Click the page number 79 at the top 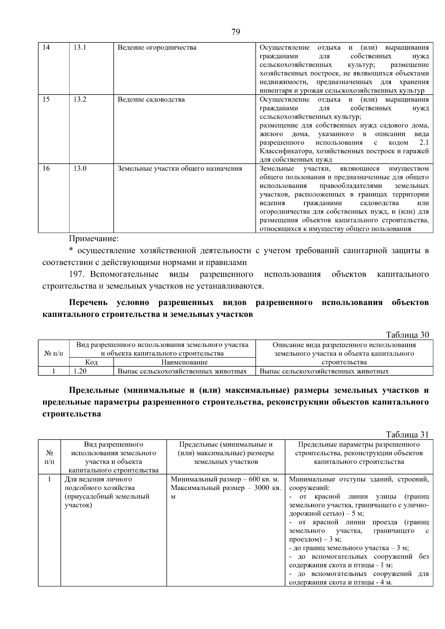pos(235,32)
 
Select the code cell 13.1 pos(80,47)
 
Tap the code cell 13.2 pos(80,99)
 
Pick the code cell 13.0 pos(80,169)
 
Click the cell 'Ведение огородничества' pos(157,47)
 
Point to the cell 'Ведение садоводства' pos(151,99)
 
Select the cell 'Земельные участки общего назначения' pos(179,169)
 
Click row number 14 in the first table pos(46,47)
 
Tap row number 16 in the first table pos(46,169)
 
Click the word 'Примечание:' pos(94,238)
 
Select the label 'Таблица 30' pos(407,335)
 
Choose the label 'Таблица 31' pos(407,434)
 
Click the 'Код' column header pos(91,362)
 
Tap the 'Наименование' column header pos(184,362)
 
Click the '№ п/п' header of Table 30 pos(54,354)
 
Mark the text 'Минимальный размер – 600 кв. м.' pos(225,479)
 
